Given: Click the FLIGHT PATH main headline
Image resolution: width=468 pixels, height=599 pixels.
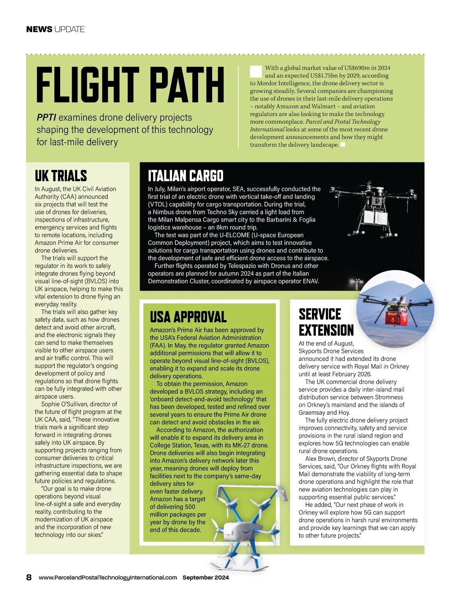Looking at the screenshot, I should coord(130,85).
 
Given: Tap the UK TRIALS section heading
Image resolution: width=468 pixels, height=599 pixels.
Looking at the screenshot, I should coord(61,176).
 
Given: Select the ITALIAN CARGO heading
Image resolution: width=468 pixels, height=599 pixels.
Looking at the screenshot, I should coord(186,176).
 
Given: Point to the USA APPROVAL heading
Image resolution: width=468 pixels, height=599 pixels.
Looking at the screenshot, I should coord(188,317).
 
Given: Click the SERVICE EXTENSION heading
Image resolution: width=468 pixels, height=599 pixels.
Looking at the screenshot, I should coord(326,322).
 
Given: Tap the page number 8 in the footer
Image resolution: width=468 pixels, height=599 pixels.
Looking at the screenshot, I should coord(29,578).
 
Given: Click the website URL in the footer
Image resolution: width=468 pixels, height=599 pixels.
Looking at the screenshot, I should coord(108,578).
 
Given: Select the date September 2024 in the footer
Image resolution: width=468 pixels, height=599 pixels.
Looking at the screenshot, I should coord(206,578).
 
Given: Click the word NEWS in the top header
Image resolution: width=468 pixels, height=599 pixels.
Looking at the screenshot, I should coord(39,29).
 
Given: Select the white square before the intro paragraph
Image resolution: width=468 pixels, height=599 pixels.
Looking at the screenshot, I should coord(256,71).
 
